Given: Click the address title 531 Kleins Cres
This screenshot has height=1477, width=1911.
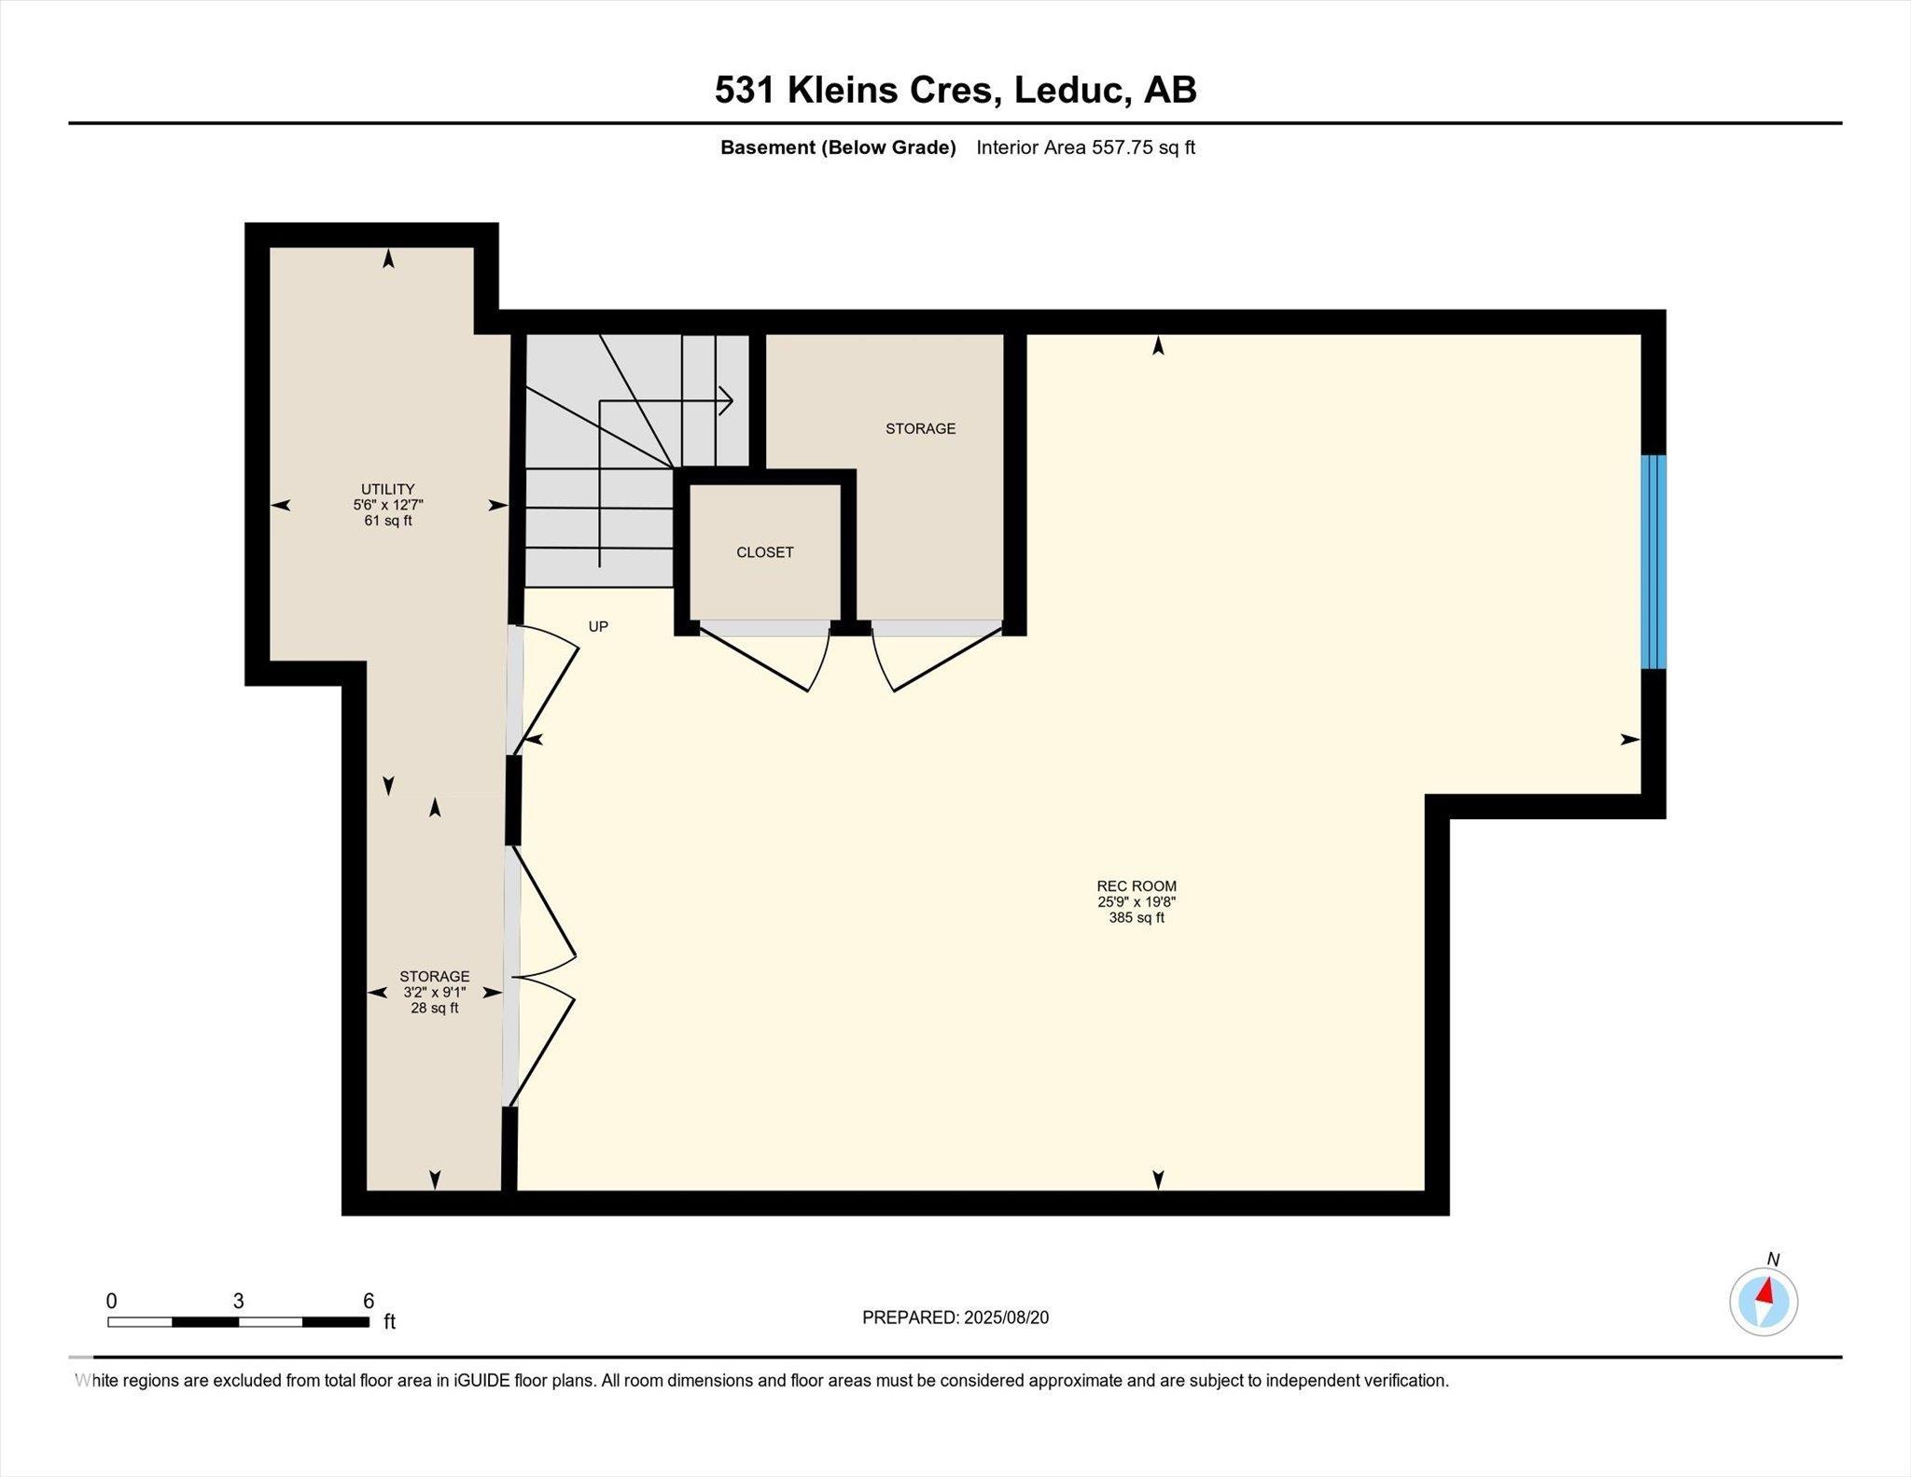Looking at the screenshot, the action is [x=858, y=91].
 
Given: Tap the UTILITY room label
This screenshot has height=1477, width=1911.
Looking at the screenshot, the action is [x=388, y=489].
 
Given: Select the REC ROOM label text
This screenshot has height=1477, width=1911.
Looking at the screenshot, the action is [x=1137, y=885].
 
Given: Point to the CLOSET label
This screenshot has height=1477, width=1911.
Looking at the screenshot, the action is [x=765, y=552].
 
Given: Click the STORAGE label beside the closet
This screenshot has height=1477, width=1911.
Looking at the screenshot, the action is [x=921, y=428].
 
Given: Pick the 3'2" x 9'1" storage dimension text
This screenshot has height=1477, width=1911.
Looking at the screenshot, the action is [x=435, y=992].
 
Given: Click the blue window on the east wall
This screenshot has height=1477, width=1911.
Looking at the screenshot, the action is [x=1653, y=562].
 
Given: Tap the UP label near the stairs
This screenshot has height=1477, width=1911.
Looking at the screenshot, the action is [x=598, y=627].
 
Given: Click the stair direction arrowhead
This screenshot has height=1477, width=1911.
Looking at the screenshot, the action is [x=726, y=401].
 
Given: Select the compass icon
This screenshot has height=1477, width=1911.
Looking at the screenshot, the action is [x=1764, y=1303].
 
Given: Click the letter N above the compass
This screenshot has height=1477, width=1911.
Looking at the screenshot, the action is [x=1773, y=1260].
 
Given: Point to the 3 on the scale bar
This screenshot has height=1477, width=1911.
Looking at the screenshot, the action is [x=239, y=1301].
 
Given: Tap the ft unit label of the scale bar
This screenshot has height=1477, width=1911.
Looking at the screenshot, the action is [x=390, y=1321].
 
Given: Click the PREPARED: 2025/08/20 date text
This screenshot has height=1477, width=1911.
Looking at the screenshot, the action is [x=955, y=1317].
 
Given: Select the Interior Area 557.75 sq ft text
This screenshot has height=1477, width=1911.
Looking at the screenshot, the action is [x=1085, y=147].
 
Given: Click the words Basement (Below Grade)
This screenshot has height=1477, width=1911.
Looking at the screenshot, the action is [x=838, y=147].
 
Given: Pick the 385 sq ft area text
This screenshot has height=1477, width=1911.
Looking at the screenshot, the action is [x=1137, y=917].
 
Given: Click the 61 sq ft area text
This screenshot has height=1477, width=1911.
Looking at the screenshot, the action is [x=388, y=521].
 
